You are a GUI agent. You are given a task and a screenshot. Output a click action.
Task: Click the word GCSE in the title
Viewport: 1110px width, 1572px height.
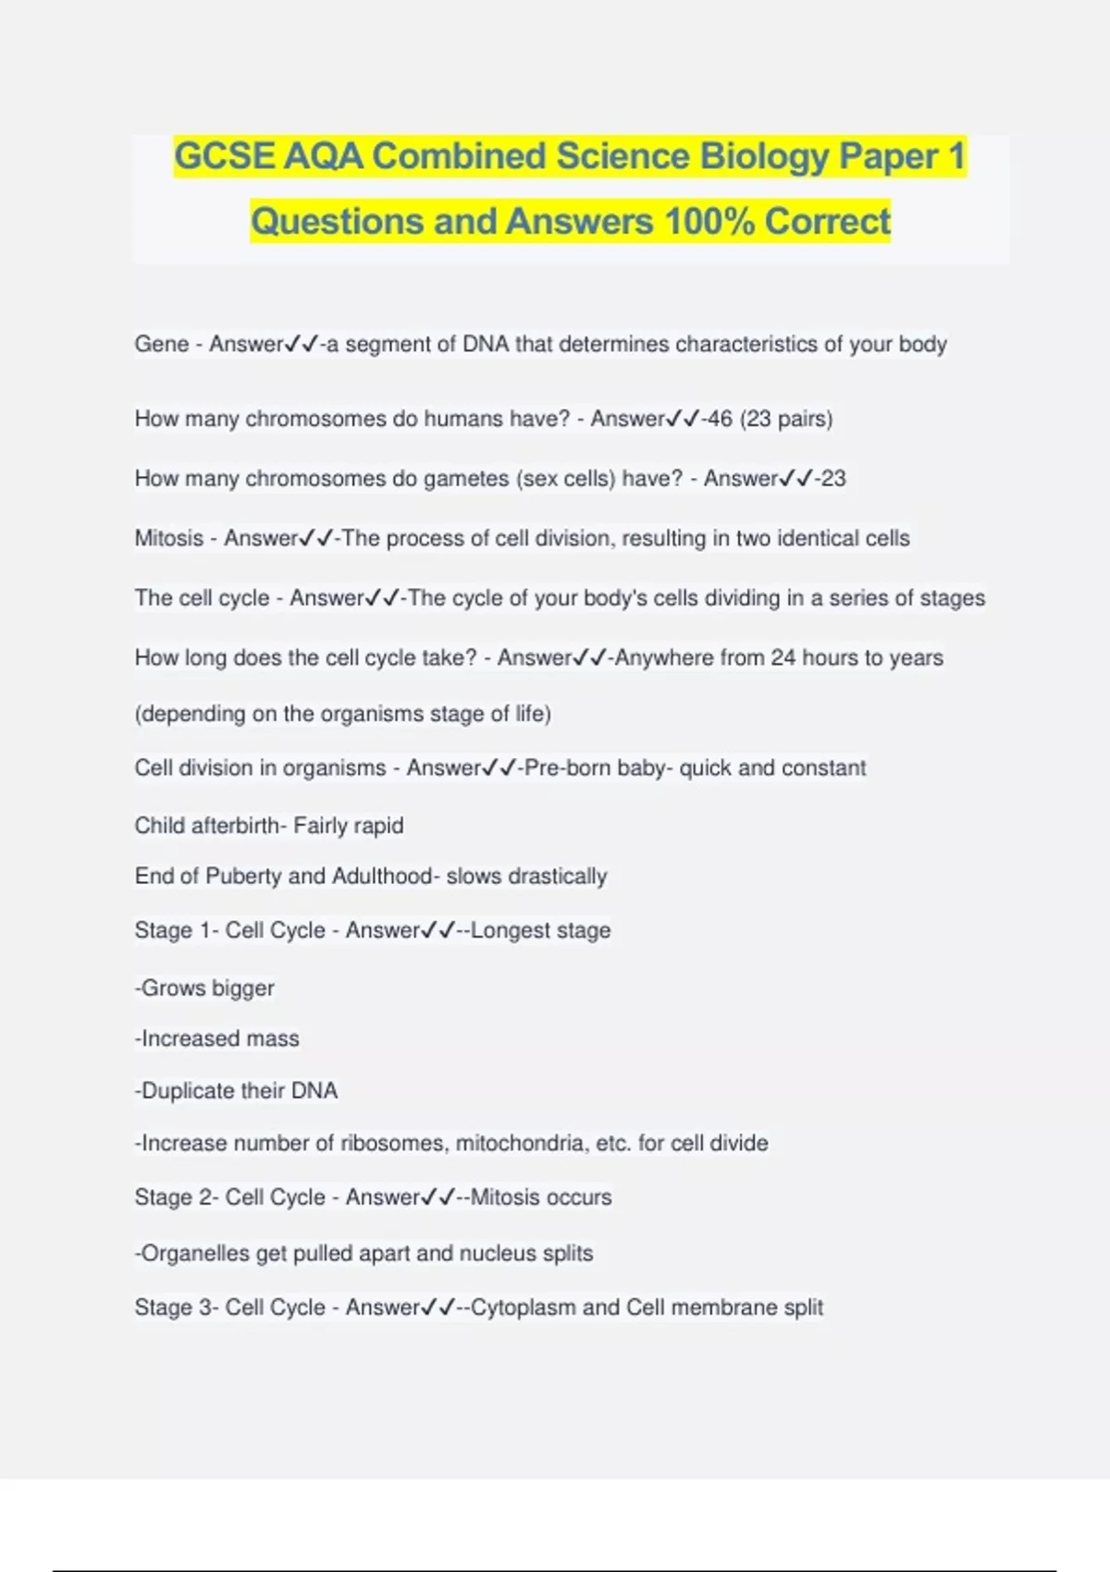click(225, 156)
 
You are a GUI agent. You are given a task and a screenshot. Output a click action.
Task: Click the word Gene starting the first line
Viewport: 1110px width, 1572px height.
click(162, 344)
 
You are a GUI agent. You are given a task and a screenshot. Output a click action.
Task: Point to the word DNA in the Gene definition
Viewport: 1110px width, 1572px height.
click(486, 344)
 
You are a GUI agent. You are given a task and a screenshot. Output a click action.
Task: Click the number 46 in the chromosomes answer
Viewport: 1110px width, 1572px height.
click(720, 419)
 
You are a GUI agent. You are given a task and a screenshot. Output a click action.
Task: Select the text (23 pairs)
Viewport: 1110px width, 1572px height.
click(786, 419)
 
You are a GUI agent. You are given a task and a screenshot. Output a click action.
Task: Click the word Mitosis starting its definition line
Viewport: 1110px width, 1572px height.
click(169, 538)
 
